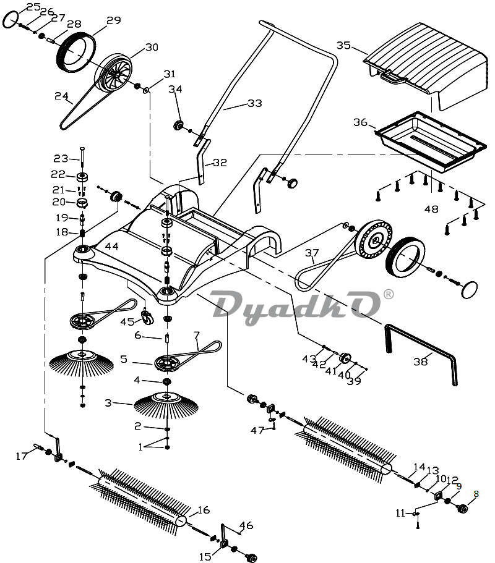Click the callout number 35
coord(343,46)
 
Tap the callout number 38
coord(420,361)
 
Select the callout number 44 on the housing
coord(111,247)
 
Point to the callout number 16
coord(204,510)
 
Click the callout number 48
coord(431,209)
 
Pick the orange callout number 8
coord(476,494)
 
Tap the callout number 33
coord(255,103)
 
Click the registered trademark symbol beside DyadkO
coord(389,294)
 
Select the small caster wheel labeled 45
coord(147,317)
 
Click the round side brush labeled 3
coord(166,405)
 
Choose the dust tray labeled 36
coord(431,142)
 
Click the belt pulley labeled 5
coord(167,363)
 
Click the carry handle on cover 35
coord(394,77)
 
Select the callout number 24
coord(61,96)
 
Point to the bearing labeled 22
coord(83,177)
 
